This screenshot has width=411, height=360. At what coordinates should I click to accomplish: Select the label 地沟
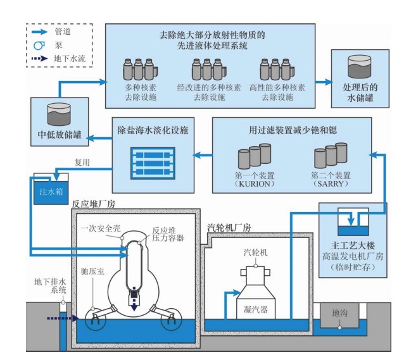(339, 313)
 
